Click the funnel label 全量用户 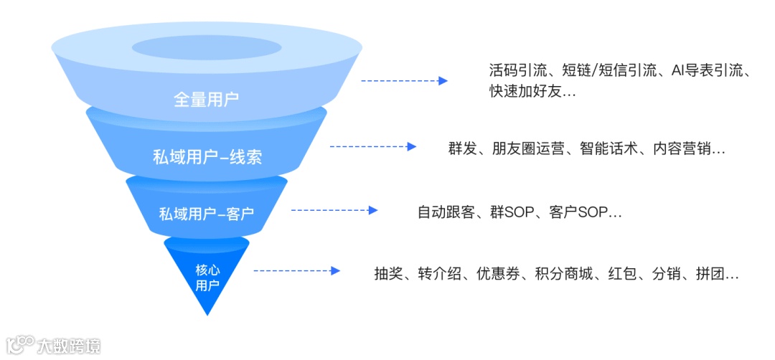click(x=206, y=100)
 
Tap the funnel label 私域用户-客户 click(x=207, y=214)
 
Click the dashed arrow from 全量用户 click(x=403, y=81)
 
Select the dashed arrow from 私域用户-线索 click(x=372, y=146)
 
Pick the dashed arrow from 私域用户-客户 click(x=334, y=210)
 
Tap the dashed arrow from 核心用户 click(x=296, y=271)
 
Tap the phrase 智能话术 click(x=612, y=149)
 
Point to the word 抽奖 click(x=388, y=274)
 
